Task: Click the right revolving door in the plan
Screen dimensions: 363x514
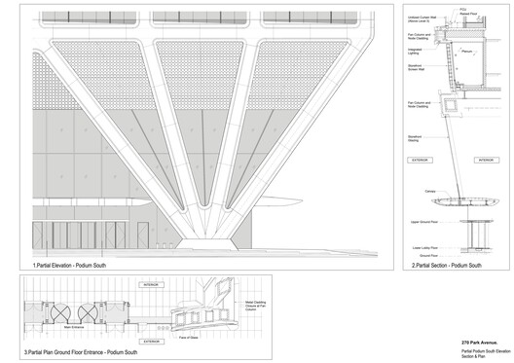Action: (86, 313)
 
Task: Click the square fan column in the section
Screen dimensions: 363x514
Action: (451, 101)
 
